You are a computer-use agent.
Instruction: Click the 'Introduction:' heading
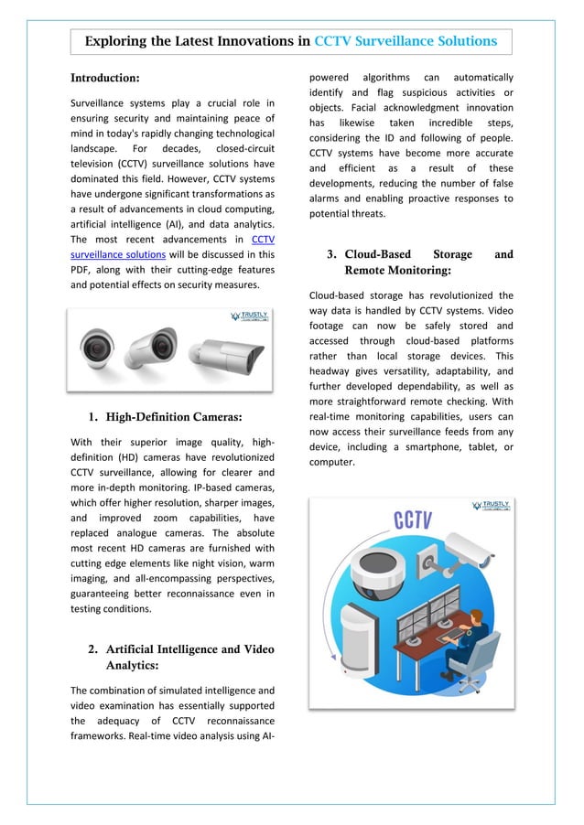pos(105,78)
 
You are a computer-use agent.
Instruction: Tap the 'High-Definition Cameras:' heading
pos(174,417)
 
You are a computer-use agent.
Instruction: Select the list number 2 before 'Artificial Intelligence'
pos(93,649)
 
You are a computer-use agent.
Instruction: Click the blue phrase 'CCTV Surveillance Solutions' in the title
pos(406,41)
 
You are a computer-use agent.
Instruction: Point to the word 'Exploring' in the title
pos(116,41)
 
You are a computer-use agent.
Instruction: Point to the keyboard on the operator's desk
pos(450,634)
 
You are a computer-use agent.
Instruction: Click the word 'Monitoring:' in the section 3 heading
pos(397,271)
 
